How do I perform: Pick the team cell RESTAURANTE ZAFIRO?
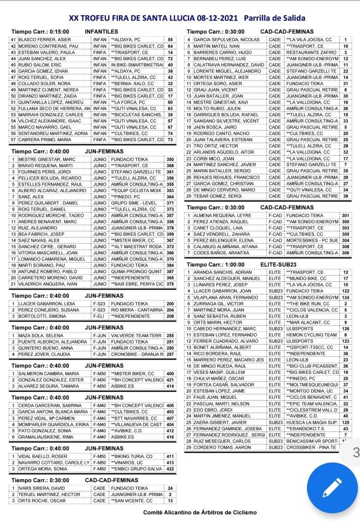[310, 53]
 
